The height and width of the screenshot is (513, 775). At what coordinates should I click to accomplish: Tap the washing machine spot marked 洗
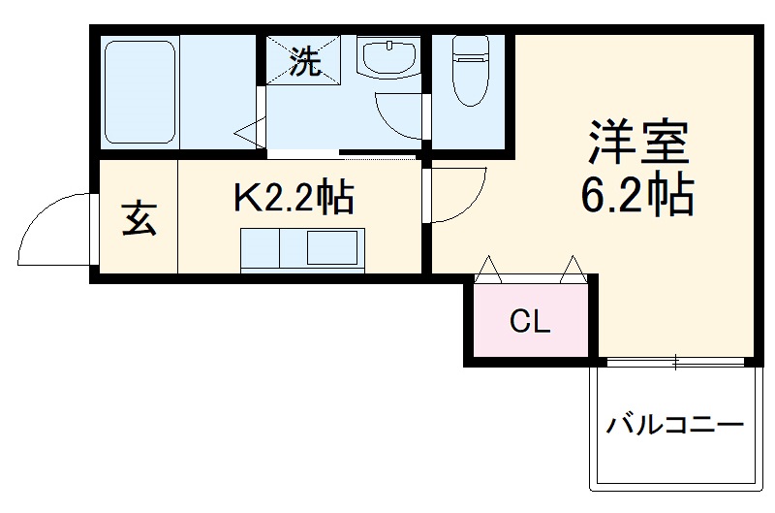tap(305, 62)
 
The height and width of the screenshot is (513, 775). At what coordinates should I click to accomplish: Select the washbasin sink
tap(387, 58)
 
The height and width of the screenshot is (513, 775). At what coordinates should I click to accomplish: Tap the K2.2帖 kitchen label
tap(293, 198)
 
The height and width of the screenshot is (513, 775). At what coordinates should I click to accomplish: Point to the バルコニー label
tap(675, 425)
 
